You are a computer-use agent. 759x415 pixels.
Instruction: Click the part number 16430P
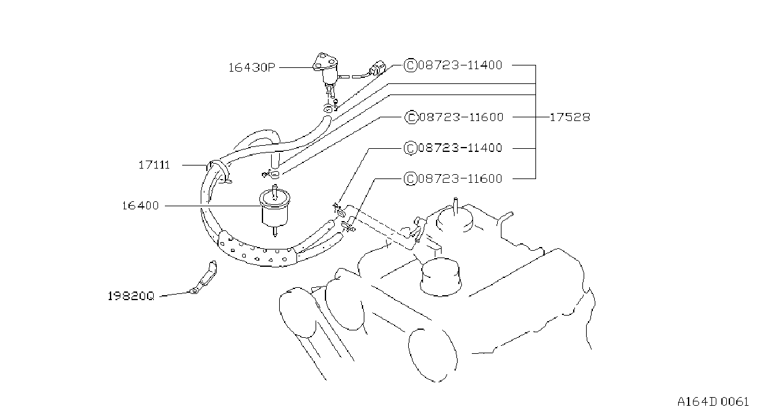click(x=251, y=67)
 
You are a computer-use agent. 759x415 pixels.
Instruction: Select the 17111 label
click(x=154, y=165)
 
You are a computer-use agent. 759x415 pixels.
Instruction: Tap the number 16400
click(x=140, y=206)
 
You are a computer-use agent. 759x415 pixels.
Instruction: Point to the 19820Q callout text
click(x=131, y=296)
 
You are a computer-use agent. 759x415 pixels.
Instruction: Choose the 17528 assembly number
click(x=569, y=117)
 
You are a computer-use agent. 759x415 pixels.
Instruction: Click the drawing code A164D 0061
click(x=713, y=401)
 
